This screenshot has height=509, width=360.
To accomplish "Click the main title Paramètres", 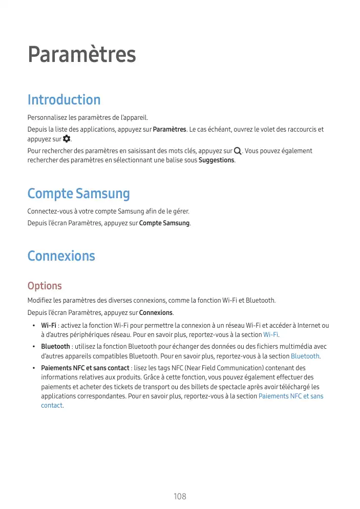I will (x=82, y=55).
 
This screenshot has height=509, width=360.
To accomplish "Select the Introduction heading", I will (x=64, y=99).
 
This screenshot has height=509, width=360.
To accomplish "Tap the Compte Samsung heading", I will (x=78, y=194).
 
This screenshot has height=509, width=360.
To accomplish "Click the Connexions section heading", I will (x=61, y=256).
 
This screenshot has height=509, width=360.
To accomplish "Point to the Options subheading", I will (x=45, y=286).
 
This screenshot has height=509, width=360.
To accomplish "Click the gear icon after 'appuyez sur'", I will (x=66, y=139).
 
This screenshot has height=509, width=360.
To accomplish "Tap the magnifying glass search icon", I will (x=238, y=151).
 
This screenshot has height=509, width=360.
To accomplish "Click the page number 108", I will (x=180, y=497).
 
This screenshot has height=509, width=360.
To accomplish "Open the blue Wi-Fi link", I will (x=270, y=334).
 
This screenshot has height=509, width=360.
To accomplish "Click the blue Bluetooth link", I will (x=305, y=356).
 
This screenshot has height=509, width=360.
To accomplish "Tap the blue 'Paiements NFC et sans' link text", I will (x=291, y=396).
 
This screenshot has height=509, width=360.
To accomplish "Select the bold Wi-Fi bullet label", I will (x=49, y=325).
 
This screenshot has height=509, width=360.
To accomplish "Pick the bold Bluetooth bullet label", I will (x=55, y=347).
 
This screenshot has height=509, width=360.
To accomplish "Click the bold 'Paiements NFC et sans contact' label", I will (x=85, y=368).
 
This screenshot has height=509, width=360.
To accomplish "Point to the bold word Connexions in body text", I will (x=156, y=313).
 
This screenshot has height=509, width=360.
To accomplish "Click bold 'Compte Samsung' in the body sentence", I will (x=164, y=223).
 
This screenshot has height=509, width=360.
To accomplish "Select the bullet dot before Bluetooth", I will (x=33, y=347).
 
